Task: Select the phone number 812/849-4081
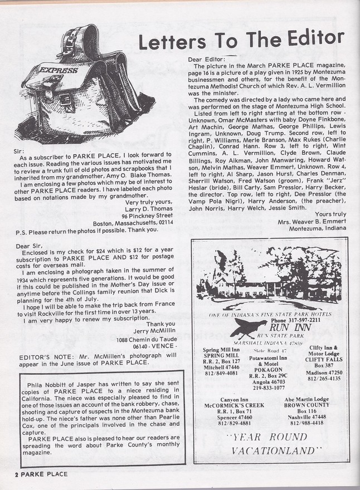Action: click(220, 373)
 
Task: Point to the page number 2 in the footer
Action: click(9, 474)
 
